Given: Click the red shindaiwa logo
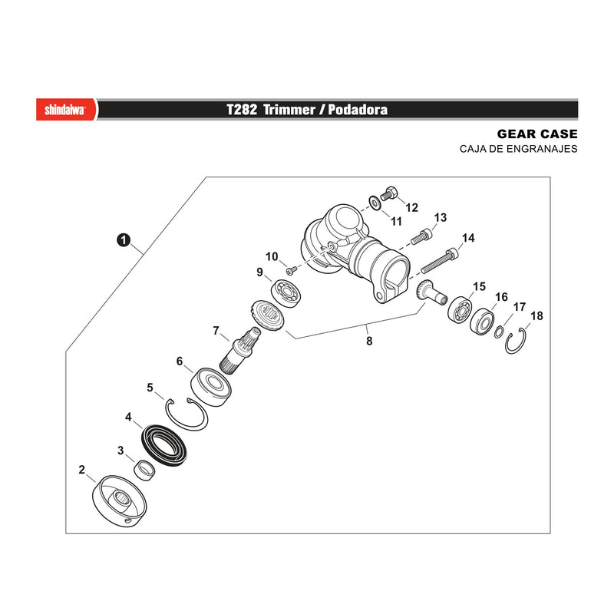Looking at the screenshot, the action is [x=66, y=110].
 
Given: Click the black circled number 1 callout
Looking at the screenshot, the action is [x=124, y=240].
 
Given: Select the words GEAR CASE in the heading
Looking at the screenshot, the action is [x=537, y=134].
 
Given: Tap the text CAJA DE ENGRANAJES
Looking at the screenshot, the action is [x=519, y=149].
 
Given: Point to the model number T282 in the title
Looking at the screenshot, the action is [x=242, y=109].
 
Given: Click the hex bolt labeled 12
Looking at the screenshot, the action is [x=389, y=194].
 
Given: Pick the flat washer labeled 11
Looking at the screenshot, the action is [x=375, y=203].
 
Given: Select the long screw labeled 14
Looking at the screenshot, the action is [x=439, y=261].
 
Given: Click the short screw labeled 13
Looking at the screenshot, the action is [x=421, y=236].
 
